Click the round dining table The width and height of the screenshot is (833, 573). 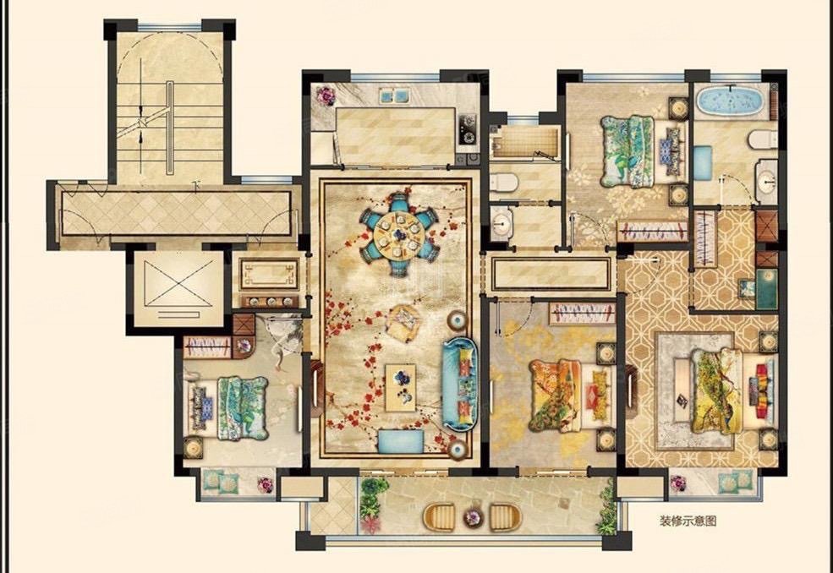(x=399, y=234)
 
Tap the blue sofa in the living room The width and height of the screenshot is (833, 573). (x=460, y=384)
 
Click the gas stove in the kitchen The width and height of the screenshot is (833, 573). (x=468, y=129)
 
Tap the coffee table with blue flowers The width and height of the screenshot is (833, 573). (x=401, y=388)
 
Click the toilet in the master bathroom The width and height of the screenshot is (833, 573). (x=762, y=139)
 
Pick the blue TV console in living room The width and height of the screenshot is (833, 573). (x=401, y=441)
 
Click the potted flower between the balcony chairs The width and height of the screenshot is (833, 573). (x=472, y=516)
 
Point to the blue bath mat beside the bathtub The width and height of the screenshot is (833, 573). (x=702, y=163)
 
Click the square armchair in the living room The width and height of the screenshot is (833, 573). (x=403, y=321)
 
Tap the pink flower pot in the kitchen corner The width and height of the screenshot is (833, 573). (x=325, y=96)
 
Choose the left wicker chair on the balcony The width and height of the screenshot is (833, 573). (x=439, y=517)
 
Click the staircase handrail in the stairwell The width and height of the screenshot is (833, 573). (x=169, y=128)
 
